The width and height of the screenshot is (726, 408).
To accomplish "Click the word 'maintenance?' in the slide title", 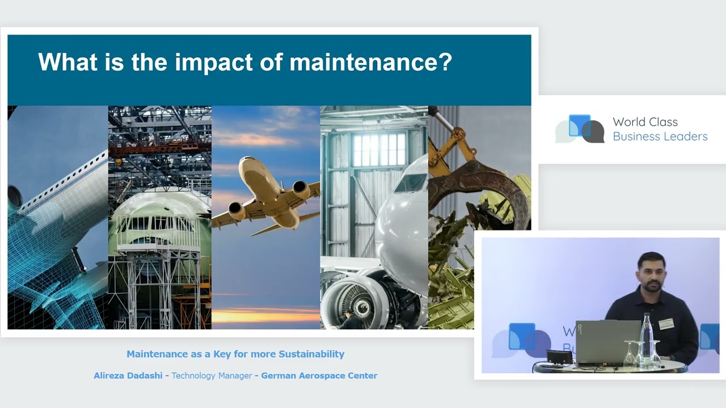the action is click(370, 62).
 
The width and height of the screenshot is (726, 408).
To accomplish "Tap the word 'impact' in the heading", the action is click(214, 63).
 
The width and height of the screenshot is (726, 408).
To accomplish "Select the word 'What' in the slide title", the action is click(67, 61).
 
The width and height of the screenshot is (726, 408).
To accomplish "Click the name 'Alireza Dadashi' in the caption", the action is click(128, 375).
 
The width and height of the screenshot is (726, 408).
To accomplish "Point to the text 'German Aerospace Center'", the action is click(319, 376).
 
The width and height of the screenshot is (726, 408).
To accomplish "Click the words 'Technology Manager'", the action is click(212, 376).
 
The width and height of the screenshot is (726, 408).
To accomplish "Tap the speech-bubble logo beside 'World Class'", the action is click(580, 129).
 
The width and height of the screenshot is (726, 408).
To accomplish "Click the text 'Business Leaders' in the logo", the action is click(660, 137).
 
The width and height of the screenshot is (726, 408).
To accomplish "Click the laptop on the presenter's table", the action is click(607, 342).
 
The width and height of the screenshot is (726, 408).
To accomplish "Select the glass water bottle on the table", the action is click(647, 337).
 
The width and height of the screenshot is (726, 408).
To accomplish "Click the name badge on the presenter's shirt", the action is click(666, 323).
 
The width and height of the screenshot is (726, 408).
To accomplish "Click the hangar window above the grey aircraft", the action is click(379, 150).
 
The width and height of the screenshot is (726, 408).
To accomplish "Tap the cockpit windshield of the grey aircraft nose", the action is click(410, 182).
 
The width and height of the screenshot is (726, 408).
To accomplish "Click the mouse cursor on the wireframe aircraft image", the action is click(85, 269).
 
